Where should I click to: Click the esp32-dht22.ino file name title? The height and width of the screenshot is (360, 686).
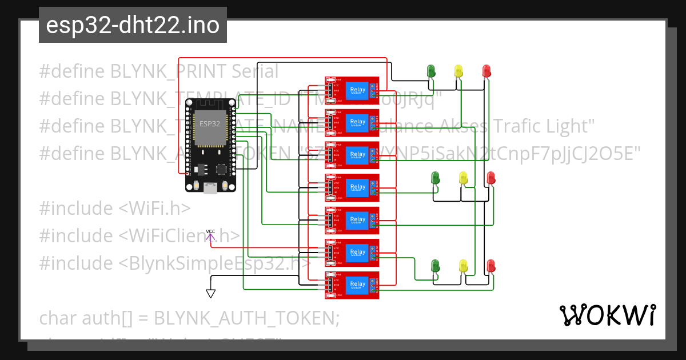pyautogui.click(x=133, y=25)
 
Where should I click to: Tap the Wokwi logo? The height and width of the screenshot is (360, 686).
pyautogui.click(x=607, y=315)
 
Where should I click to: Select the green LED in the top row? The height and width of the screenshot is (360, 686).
pyautogui.click(x=432, y=71)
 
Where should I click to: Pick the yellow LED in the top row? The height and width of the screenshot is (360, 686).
pyautogui.click(x=458, y=71)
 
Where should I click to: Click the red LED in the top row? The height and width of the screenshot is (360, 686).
pyautogui.click(x=486, y=71)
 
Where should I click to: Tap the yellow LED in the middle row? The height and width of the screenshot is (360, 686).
pyautogui.click(x=463, y=178)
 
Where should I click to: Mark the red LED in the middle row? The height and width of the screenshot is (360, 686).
pyautogui.click(x=490, y=178)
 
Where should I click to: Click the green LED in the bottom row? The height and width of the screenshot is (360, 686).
pyautogui.click(x=436, y=266)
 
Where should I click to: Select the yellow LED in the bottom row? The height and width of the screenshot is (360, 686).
pyautogui.click(x=463, y=266)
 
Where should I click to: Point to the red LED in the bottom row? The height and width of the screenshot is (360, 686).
pyautogui.click(x=490, y=266)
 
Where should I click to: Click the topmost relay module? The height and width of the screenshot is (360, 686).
pyautogui.click(x=352, y=90)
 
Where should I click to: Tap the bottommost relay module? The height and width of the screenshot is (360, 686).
pyautogui.click(x=352, y=285)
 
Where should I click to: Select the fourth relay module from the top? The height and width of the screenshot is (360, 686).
pyautogui.click(x=352, y=187)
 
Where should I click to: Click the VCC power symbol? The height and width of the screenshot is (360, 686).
pyautogui.click(x=210, y=235)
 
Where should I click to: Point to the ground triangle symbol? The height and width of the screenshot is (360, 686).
pyautogui.click(x=210, y=293)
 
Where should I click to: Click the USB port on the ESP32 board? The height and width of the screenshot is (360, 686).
pyautogui.click(x=210, y=187)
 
